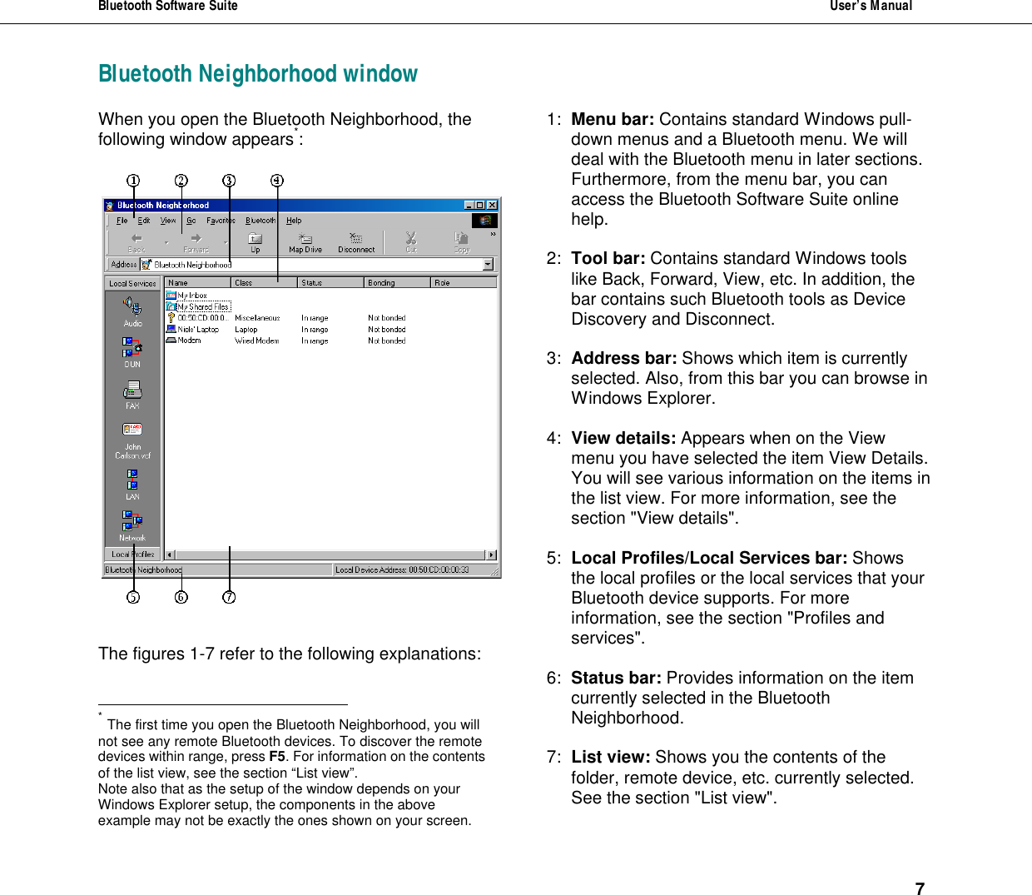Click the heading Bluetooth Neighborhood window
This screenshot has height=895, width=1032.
coord(258,74)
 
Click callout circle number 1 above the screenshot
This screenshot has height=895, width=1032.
coord(133,181)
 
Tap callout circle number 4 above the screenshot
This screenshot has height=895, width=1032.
coord(277,181)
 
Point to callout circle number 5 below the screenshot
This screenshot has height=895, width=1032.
coord(133,597)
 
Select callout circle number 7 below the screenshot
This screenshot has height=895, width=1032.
coord(230,597)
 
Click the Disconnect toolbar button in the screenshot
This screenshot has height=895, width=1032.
coord(356,242)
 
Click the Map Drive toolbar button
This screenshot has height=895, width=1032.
coord(305,242)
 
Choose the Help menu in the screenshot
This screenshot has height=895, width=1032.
coord(294,221)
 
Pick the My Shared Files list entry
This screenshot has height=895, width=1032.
coord(202,306)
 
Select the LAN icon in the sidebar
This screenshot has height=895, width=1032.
coord(132,485)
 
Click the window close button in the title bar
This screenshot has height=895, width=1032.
coord(492,205)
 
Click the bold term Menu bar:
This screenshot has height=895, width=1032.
coord(613,120)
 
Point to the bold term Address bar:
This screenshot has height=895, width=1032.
coord(623,359)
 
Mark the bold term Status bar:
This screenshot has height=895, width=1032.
coord(616,679)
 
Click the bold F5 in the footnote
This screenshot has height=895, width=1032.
coord(277,757)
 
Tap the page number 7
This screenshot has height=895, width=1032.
coord(920,889)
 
